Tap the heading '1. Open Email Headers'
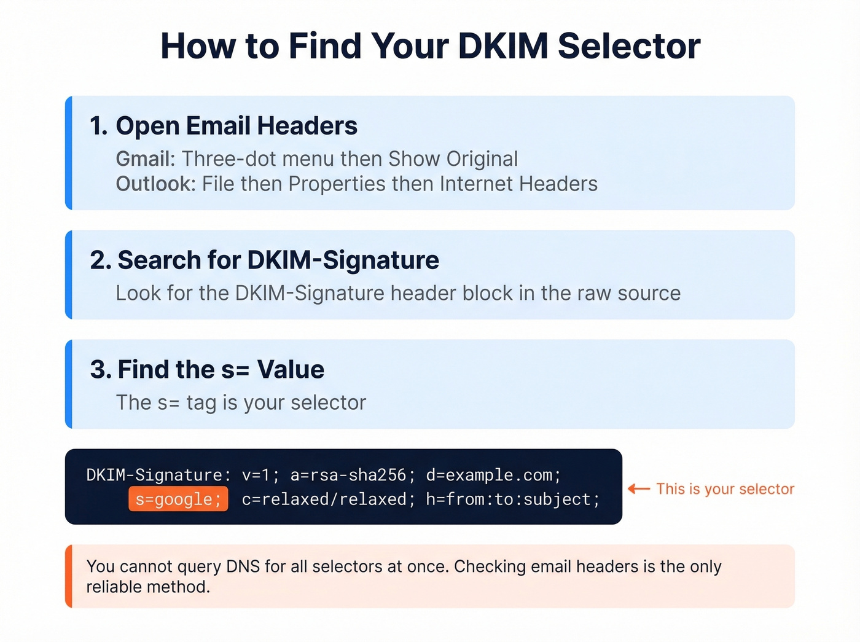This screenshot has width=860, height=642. [x=224, y=126]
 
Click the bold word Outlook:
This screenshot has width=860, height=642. [x=155, y=184]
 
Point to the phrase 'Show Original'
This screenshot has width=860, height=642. [x=453, y=159]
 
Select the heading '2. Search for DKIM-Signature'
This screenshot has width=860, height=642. [x=265, y=260]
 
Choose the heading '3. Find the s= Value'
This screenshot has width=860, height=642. [x=207, y=370]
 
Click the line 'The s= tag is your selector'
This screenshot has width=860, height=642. [x=241, y=402]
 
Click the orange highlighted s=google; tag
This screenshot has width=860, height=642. [x=178, y=499]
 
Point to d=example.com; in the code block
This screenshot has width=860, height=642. [x=493, y=475]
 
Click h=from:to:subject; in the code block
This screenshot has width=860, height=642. [x=512, y=499]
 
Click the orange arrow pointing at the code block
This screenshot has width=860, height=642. [x=639, y=489]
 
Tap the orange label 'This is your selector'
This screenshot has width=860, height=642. [x=725, y=489]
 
